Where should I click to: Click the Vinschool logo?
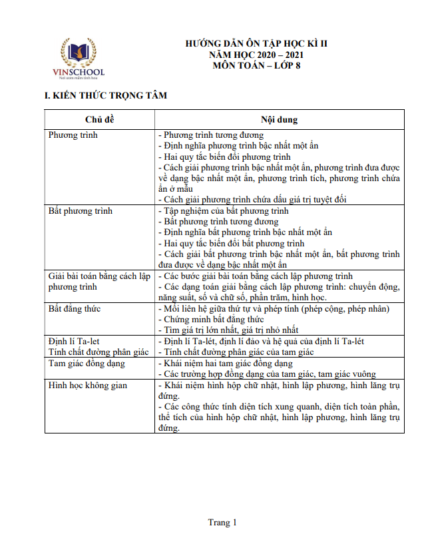point(78,57)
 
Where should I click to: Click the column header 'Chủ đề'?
point(100,119)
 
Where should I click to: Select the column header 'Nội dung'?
point(279,119)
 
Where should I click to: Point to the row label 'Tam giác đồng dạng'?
point(87,364)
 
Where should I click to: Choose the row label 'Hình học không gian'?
point(88,385)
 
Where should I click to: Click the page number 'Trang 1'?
point(222,523)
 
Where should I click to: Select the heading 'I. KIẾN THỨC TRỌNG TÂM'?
point(105,96)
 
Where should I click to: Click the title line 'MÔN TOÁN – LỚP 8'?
point(256,65)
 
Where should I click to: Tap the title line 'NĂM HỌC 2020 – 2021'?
point(256,55)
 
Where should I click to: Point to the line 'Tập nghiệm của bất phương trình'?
point(226,211)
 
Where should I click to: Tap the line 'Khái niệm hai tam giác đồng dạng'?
point(228,364)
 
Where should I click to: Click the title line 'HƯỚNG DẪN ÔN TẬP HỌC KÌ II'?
point(256,44)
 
